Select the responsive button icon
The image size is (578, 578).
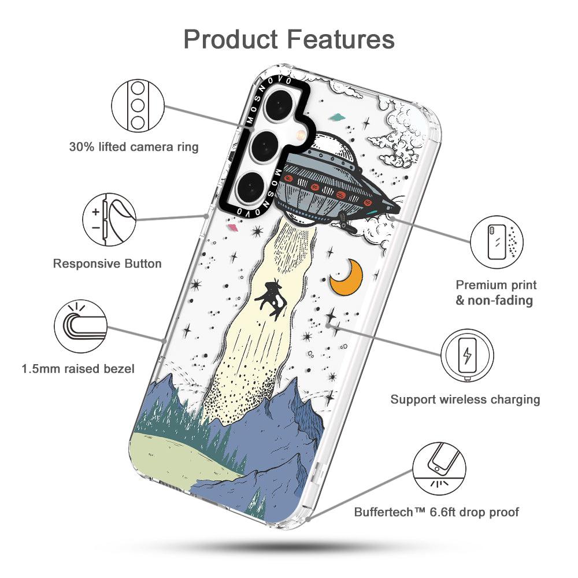tap(109, 220)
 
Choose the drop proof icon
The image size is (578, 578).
tap(439, 468)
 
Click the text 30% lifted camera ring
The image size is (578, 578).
tap(134, 147)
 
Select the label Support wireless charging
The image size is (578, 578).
tap(465, 399)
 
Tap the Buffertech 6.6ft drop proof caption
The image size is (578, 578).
tap(436, 512)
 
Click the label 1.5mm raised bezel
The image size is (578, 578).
tap(78, 368)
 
